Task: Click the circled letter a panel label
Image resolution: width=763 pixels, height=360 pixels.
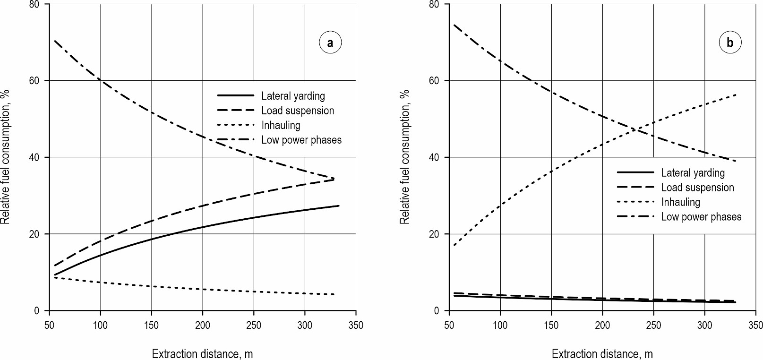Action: (x=330, y=43)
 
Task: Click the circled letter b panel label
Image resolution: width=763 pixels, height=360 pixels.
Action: (x=730, y=43)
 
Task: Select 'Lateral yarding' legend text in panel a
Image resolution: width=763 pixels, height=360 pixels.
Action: (x=293, y=96)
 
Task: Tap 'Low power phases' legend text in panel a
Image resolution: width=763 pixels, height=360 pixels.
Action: (x=301, y=140)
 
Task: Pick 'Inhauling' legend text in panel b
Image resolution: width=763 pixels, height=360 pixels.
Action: (x=680, y=202)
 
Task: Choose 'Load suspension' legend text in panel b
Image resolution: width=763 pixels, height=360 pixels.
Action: (x=697, y=188)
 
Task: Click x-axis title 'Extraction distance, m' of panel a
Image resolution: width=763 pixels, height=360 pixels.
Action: (x=202, y=353)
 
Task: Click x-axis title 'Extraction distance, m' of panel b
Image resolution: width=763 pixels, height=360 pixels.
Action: (x=602, y=353)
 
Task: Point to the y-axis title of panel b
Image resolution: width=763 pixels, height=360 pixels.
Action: (x=405, y=157)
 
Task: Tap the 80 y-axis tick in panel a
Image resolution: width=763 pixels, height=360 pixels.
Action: (x=40, y=4)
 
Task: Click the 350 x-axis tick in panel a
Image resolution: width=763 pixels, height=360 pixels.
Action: (x=356, y=325)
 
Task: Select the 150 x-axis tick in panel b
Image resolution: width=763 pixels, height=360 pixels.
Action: (x=551, y=325)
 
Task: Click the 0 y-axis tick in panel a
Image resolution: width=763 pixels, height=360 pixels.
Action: (x=42, y=311)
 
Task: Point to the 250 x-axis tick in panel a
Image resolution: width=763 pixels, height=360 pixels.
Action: (x=254, y=325)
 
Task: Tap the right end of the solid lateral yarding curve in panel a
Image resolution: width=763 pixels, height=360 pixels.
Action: (x=339, y=206)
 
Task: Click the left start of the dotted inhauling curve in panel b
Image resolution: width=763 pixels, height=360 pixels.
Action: (x=454, y=245)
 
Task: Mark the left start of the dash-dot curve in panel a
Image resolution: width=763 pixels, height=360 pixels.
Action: (x=54, y=41)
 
